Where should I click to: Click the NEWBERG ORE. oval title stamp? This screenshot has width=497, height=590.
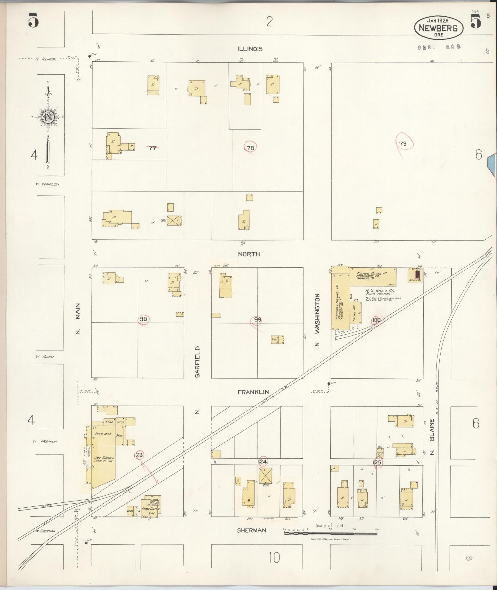439,28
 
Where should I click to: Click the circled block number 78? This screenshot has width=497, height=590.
251,148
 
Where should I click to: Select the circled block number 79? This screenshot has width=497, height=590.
403,143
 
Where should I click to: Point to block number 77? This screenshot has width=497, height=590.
153,148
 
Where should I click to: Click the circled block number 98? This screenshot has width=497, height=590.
143,319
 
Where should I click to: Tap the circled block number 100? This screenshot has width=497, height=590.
376,320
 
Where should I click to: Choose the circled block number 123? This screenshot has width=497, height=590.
139,455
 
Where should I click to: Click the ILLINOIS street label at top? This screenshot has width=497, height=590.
250,49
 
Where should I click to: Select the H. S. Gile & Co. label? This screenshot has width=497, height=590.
380,291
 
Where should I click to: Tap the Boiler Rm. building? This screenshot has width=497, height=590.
417,275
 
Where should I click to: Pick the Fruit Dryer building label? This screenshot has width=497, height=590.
151,509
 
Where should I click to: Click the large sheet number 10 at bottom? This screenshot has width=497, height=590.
274,558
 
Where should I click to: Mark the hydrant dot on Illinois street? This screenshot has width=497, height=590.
89,56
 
